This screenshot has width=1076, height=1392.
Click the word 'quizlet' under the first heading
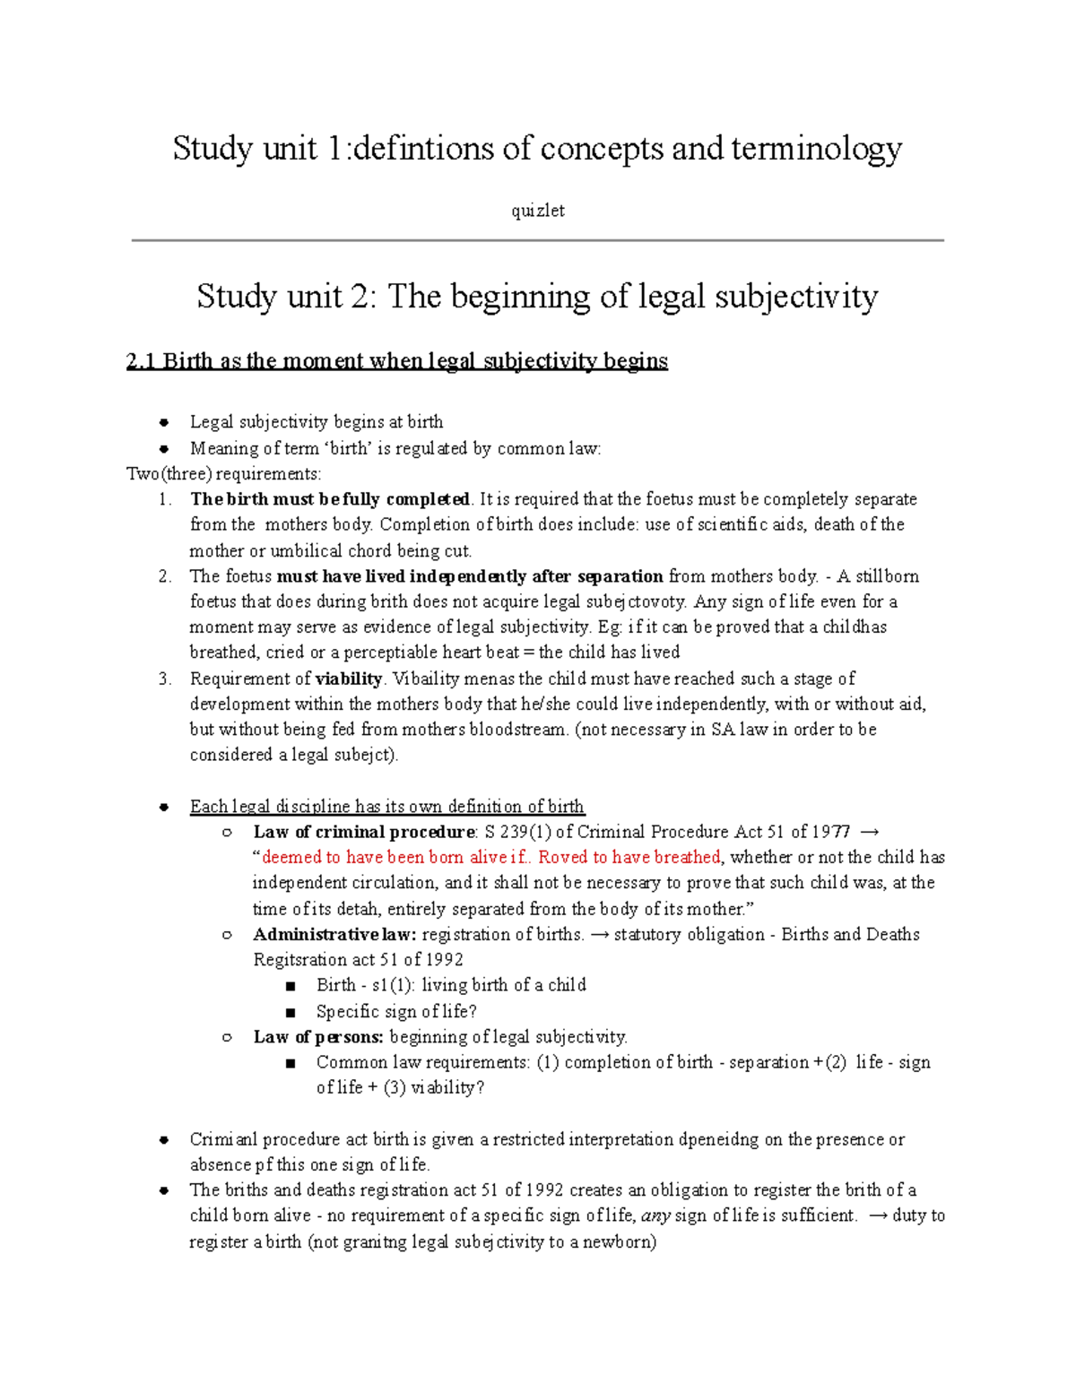click(x=537, y=211)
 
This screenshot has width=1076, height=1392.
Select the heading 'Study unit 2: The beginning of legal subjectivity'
click(x=537, y=296)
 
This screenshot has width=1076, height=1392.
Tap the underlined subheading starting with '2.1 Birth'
click(x=396, y=361)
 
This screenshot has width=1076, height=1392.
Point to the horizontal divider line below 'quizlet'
click(x=537, y=240)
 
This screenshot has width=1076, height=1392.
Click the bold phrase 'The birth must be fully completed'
click(x=329, y=499)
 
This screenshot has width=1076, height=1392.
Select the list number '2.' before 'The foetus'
click(x=164, y=576)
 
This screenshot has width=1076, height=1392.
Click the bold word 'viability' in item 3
click(x=349, y=679)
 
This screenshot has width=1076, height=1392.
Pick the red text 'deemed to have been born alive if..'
click(x=395, y=857)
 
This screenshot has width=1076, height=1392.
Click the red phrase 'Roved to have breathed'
click(x=629, y=857)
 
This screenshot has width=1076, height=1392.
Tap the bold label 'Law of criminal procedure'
click(x=363, y=832)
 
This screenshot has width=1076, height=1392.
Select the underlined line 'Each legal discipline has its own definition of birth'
click(x=386, y=807)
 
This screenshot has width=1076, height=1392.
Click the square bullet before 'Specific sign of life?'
click(x=290, y=1012)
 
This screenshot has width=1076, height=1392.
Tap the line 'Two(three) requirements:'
click(x=223, y=473)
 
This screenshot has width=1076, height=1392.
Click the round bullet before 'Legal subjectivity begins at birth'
click(x=164, y=422)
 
